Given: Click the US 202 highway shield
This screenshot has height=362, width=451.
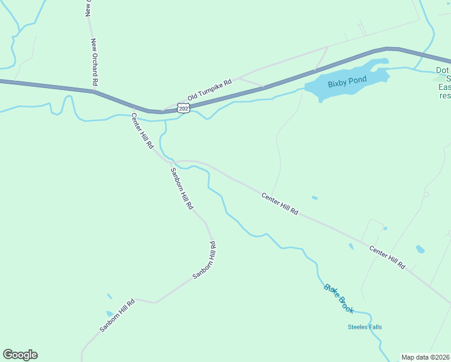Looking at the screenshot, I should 183,107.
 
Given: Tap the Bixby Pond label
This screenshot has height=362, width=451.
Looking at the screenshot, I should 347,83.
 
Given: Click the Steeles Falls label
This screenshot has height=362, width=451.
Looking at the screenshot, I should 365,327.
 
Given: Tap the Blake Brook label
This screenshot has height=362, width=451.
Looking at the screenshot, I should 338,298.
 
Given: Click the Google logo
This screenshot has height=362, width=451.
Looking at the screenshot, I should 20,355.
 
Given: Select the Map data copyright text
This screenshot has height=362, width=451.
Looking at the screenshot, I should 426,357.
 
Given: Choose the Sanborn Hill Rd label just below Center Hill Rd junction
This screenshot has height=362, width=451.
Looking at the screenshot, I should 180,187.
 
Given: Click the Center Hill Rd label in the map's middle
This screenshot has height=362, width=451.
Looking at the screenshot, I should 280,204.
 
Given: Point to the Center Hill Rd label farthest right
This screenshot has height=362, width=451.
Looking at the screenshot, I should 387,258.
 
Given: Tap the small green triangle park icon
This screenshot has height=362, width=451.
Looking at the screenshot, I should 437,78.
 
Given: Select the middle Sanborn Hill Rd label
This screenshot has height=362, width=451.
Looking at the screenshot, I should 204,260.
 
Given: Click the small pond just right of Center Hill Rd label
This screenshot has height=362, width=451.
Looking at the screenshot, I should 314,197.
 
